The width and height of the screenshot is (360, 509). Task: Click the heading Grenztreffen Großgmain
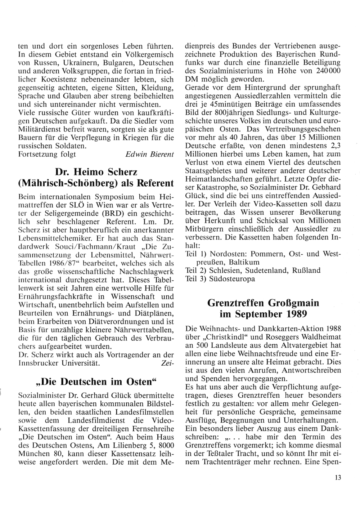click(264, 303)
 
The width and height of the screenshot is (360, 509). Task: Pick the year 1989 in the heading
click(297, 314)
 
